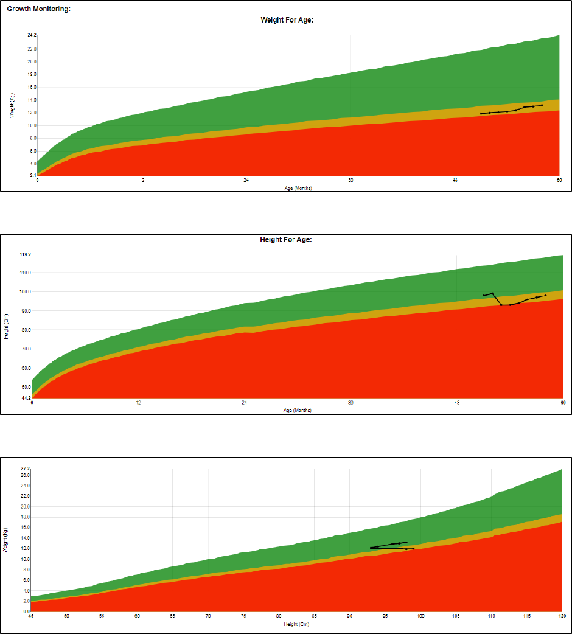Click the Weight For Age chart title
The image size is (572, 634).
point(286,20)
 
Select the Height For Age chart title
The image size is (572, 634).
point(286,240)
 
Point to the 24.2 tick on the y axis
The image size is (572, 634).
point(32,35)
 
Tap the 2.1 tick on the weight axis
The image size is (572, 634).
point(32,176)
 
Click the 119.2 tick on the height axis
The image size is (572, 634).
point(25,255)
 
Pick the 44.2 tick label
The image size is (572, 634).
point(25,398)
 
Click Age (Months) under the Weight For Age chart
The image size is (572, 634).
point(298,188)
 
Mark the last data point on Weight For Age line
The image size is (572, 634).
point(542,105)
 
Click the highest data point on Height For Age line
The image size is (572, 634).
point(492,293)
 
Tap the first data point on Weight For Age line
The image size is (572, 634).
point(481,114)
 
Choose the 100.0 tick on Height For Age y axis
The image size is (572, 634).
point(25,291)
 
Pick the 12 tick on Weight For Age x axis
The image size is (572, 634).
point(142,180)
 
